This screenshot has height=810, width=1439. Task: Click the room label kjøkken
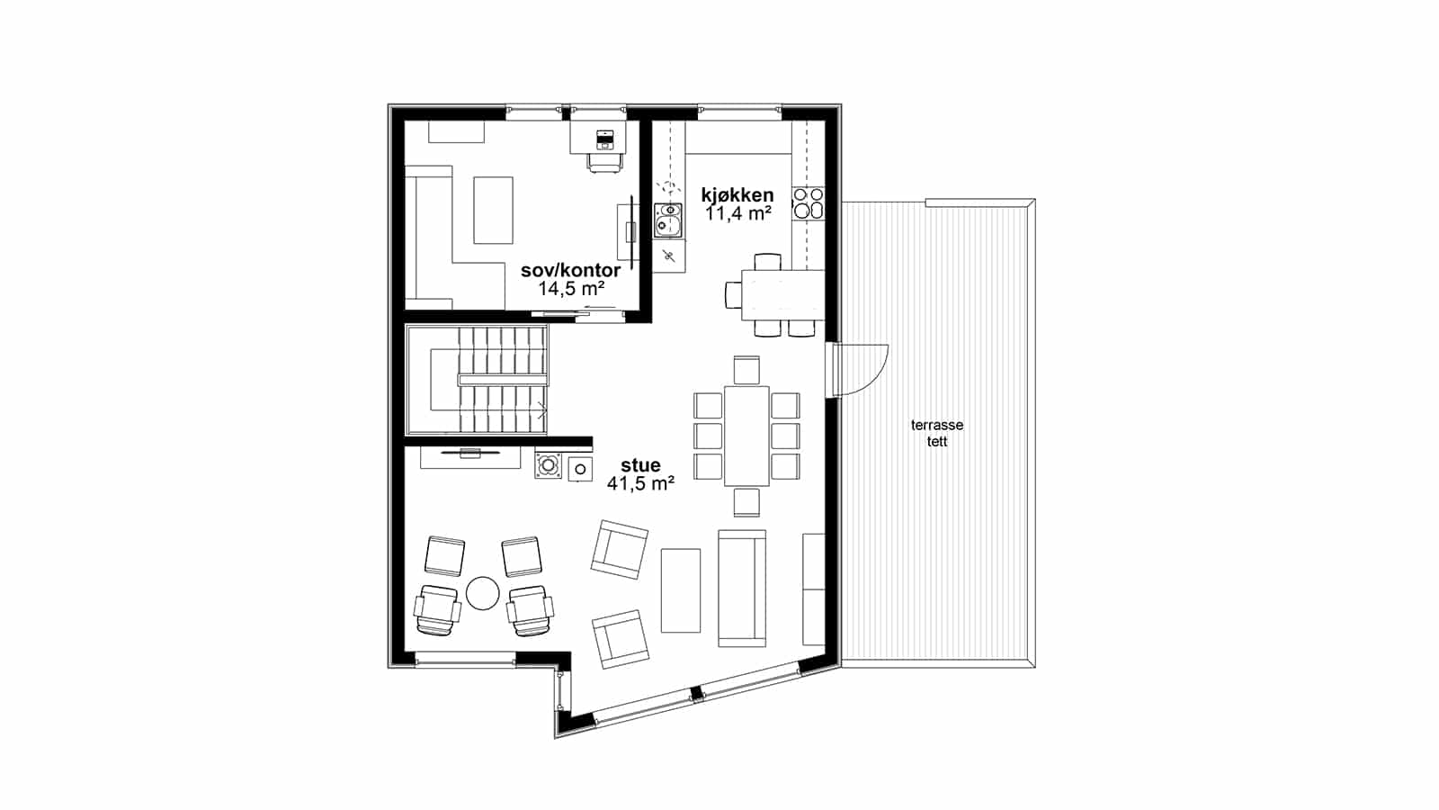point(737,194)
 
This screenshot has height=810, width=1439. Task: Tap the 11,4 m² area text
point(738,213)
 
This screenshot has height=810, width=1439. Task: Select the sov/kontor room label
point(570,270)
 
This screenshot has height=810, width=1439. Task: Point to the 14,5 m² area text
point(571,289)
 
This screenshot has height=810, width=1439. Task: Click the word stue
point(640,464)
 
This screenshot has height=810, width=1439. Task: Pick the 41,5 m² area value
point(640,483)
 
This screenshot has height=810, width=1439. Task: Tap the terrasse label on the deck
point(936,425)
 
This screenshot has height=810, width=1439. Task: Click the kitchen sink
point(669,220)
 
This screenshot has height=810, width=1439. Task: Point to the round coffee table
point(482,593)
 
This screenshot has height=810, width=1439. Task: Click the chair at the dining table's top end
point(746,370)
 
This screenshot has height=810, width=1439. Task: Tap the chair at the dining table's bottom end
point(746,502)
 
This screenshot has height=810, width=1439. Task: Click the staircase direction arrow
point(542,409)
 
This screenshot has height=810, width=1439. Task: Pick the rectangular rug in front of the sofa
point(681,590)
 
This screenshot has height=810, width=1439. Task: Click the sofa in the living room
point(742,589)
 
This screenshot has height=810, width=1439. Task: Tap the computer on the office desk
point(604,139)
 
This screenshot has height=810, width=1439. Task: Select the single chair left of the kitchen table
point(733,295)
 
